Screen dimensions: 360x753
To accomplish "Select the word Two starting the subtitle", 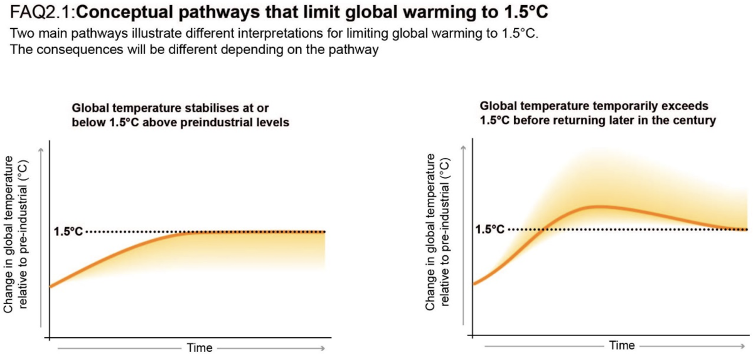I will pyautogui.click(x=22, y=33).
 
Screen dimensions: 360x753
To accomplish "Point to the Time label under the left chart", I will pyautogui.click(x=200, y=348).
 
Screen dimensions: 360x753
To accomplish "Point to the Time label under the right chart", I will pyautogui.click(x=622, y=346).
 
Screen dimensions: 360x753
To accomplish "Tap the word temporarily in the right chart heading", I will pyautogui.click(x=604, y=107).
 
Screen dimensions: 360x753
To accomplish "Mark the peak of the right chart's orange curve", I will pyautogui.click(x=599, y=206).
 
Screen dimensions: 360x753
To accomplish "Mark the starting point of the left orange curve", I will pyautogui.click(x=50, y=287).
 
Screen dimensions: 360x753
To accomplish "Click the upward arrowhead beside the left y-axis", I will pyautogui.click(x=41, y=149).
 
